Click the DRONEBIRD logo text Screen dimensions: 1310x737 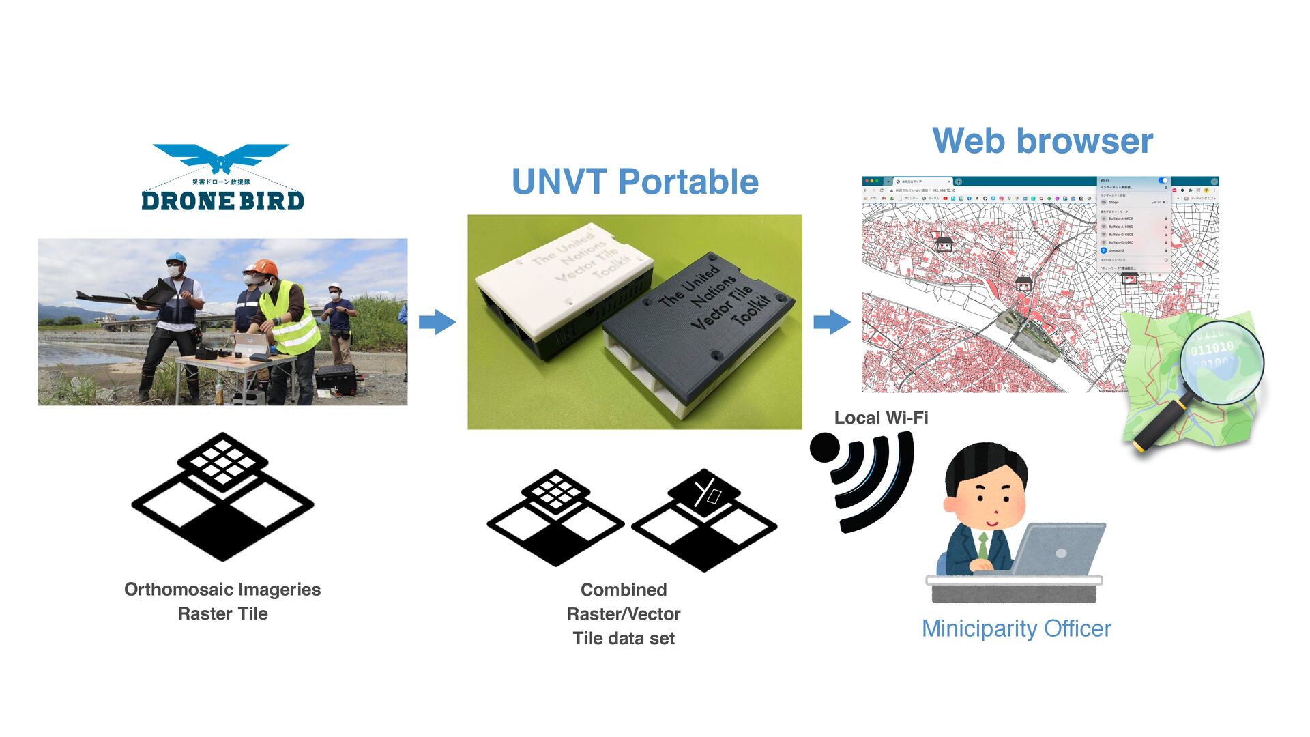pyautogui.click(x=222, y=201)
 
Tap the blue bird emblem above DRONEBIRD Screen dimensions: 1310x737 pyautogui.click(x=220, y=158)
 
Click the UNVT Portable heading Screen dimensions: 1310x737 pyautogui.click(x=635, y=182)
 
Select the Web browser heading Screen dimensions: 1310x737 pyautogui.click(x=1042, y=141)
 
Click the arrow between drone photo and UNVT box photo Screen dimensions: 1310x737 pyautogui.click(x=437, y=321)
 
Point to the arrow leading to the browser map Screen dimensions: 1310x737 pyautogui.click(x=831, y=321)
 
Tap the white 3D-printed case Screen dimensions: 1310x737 pyautogui.click(x=563, y=280)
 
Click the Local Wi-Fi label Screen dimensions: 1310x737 pyautogui.click(x=881, y=418)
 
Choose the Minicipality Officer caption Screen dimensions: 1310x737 pyautogui.click(x=1016, y=628)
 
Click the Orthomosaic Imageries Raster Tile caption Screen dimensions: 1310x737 pyautogui.click(x=222, y=601)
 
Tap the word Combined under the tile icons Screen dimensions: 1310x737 pyautogui.click(x=624, y=590)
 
